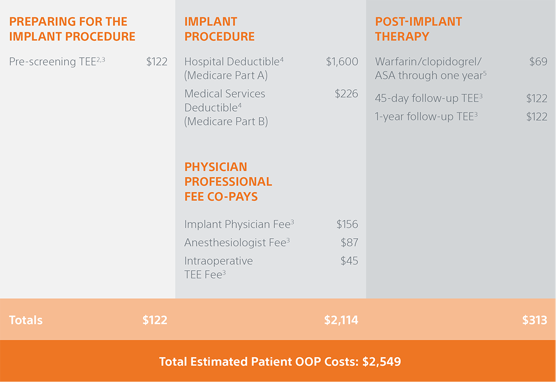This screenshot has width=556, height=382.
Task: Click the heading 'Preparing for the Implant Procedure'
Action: [x=73, y=29]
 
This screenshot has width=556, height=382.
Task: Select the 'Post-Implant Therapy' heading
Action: [x=419, y=29]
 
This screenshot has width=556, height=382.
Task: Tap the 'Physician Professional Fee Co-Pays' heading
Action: [x=229, y=181]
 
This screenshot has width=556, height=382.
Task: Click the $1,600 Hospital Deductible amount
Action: [x=342, y=61]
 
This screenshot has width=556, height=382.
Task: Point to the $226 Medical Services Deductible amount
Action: [x=346, y=94]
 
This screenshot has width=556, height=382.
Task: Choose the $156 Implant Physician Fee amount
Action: [x=347, y=224]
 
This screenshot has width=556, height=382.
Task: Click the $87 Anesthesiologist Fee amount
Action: [x=349, y=242]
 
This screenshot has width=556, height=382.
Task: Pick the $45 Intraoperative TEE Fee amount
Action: [x=349, y=261]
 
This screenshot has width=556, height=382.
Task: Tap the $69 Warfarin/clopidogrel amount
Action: [x=538, y=61]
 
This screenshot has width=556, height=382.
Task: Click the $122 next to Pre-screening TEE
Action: [x=157, y=61]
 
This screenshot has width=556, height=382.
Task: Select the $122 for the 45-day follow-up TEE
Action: [x=537, y=98]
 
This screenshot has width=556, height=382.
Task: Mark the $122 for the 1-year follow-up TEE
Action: [x=537, y=117]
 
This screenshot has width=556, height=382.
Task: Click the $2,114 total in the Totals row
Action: [x=341, y=320]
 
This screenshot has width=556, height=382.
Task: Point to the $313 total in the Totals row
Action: [x=535, y=320]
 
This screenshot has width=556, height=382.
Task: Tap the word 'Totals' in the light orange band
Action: [x=26, y=320]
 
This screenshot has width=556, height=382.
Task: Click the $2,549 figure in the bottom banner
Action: [x=381, y=362]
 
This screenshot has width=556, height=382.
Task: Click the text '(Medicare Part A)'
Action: [x=226, y=76]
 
